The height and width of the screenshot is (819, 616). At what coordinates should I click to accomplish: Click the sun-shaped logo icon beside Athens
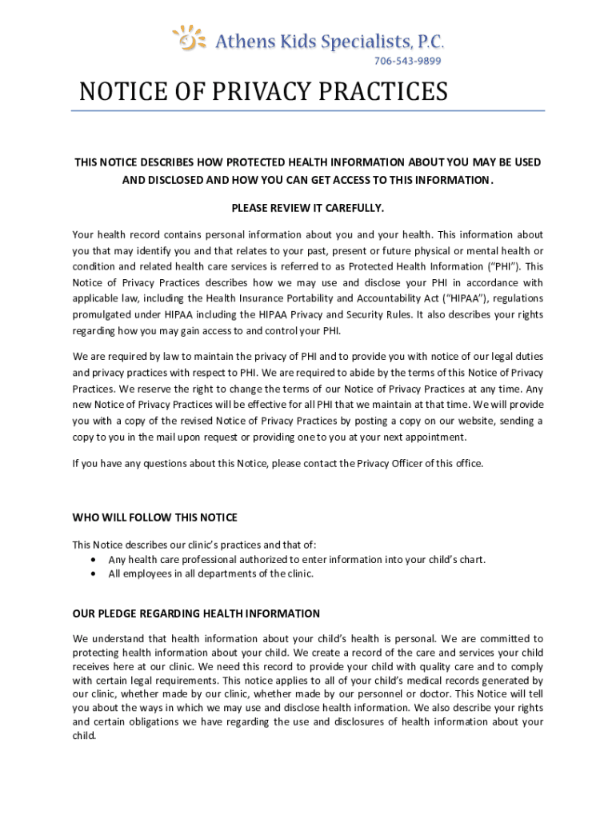[188, 38]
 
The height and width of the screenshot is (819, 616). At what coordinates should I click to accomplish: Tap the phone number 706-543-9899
[408, 61]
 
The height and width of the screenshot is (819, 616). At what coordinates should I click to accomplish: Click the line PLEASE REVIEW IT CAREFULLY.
[308, 208]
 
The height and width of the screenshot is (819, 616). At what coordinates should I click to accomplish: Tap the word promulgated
[103, 314]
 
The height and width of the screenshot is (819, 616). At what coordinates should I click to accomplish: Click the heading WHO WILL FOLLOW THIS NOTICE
[155, 517]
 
